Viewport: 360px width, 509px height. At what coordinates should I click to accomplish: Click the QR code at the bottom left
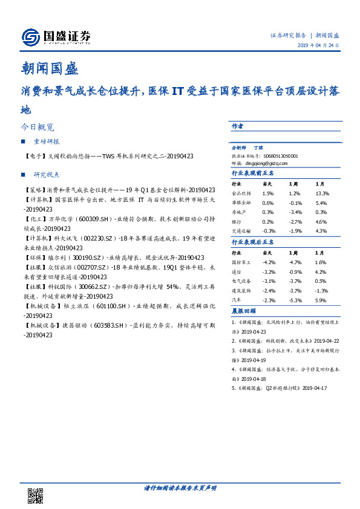tap(35, 496)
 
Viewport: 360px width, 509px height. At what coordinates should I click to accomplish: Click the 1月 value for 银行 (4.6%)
tap(321, 221)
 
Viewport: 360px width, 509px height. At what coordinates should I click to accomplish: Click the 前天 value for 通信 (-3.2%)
tap(268, 272)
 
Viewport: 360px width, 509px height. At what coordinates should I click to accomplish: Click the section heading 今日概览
tap(38, 128)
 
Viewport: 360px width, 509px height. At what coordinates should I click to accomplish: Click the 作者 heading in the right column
tap(238, 126)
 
